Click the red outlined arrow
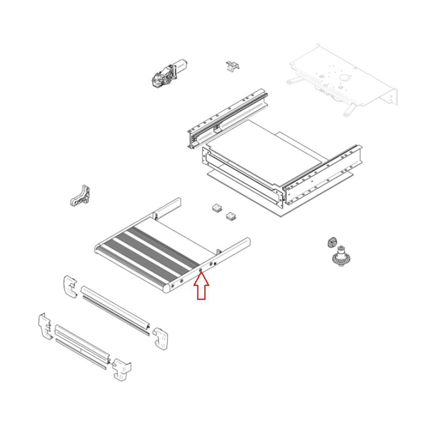click(202, 288)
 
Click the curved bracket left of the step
click(81, 195)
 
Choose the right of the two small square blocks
click(231, 216)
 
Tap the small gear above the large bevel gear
click(332, 243)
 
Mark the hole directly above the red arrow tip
click(201, 269)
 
